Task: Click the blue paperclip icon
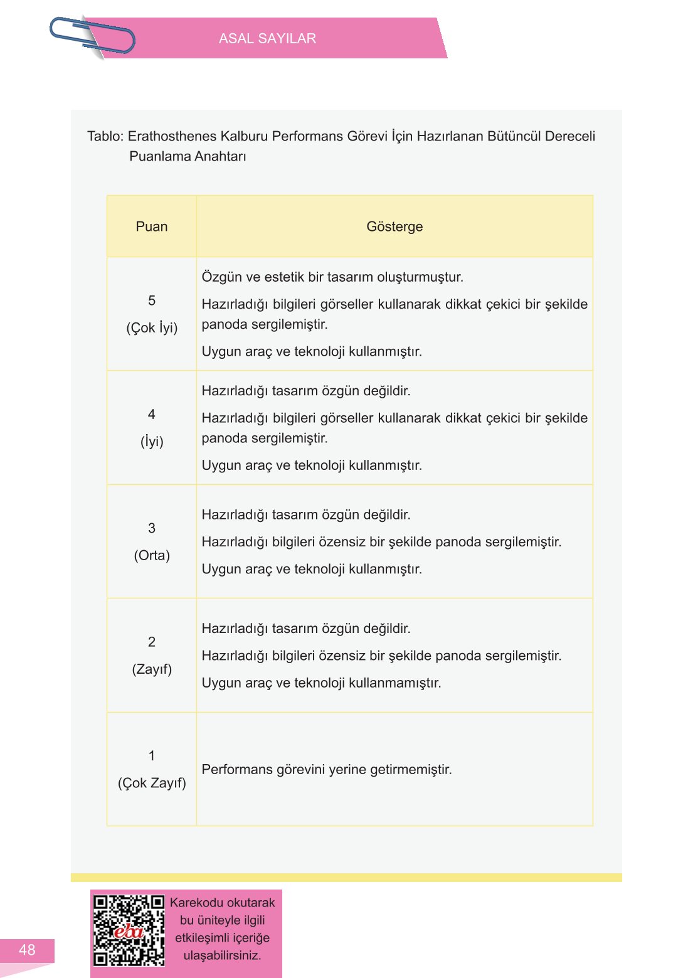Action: (93, 36)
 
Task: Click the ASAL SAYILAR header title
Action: (267, 39)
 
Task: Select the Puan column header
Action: (152, 226)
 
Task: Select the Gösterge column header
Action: (394, 226)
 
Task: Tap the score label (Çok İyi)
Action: (152, 328)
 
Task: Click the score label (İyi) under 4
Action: (152, 442)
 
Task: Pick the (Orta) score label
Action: (152, 555)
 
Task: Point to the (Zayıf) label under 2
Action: (152, 669)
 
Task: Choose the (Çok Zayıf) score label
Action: (152, 783)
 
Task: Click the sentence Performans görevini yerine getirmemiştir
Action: (327, 769)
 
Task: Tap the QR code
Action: (129, 930)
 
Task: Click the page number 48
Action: (27, 950)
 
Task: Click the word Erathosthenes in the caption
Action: (172, 136)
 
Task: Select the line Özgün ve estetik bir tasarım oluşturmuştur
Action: (332, 277)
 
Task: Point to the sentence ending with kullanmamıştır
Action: (321, 683)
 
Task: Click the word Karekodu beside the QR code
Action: (196, 903)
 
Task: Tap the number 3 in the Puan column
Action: (152, 528)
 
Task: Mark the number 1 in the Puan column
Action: (152, 756)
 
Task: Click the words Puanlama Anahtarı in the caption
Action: (188, 156)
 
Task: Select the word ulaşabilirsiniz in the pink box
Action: (222, 955)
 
